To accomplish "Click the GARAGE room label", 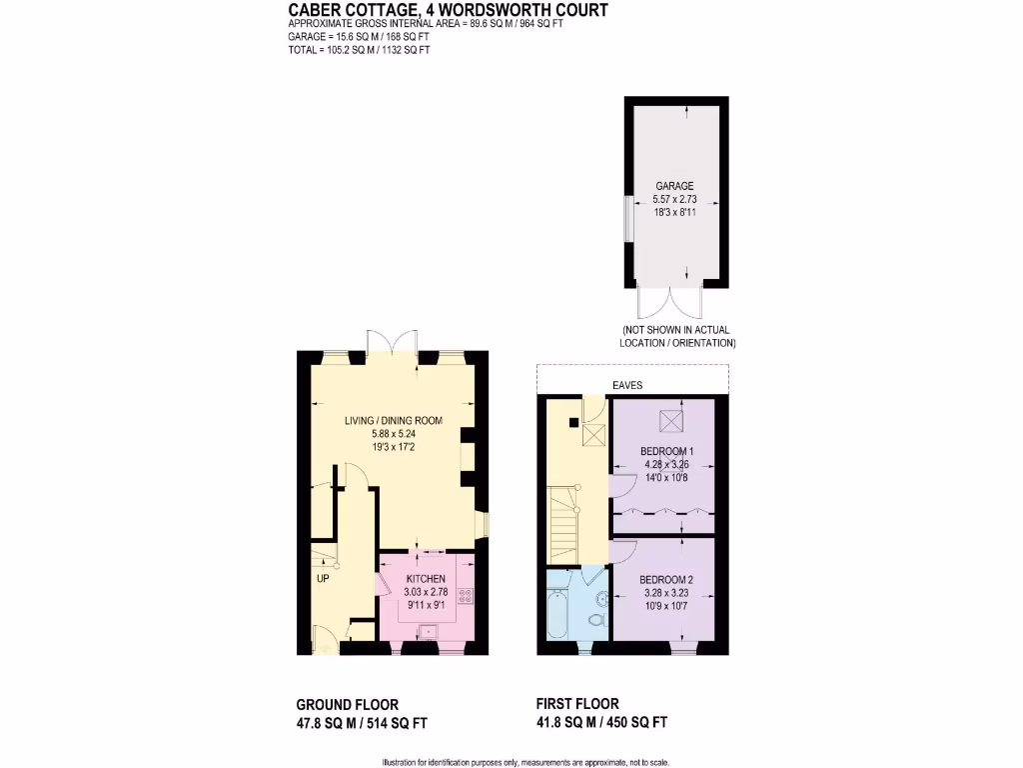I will point(674,186).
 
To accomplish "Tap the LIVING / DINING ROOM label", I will point(393,420).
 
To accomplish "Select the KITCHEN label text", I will point(426,579).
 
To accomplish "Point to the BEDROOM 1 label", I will point(666,451).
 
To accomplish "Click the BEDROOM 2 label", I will point(666,580).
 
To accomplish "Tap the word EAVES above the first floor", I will point(627,385).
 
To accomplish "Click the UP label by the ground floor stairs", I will point(323,578).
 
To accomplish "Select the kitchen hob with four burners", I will point(466,596).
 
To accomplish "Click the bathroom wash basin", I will point(602,598).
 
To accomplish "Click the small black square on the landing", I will point(573,422).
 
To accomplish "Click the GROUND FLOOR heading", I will point(348,704).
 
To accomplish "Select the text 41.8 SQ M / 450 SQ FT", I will point(602,722).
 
